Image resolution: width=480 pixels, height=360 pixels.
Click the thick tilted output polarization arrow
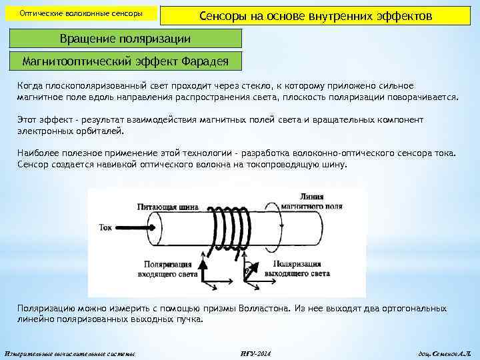pyautogui.click(x=249, y=269)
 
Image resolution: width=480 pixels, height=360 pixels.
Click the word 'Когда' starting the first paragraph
pyautogui.click(x=30, y=86)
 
